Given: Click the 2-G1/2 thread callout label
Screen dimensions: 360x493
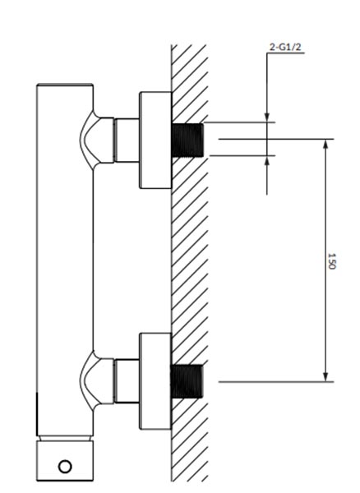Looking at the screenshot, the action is click(285, 47).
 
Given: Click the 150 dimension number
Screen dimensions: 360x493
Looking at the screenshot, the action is click(332, 260).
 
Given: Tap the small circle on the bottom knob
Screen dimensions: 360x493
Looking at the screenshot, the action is click(65, 466).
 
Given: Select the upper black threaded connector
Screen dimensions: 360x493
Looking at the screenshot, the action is click(187, 140).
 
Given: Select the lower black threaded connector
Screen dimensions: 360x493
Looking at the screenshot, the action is click(187, 381).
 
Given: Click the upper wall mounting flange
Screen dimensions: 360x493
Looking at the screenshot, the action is click(155, 141).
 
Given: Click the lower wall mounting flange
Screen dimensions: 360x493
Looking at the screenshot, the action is click(155, 381).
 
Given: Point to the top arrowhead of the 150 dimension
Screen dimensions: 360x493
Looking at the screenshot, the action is click(325, 145).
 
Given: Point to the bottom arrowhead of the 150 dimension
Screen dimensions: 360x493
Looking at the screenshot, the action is click(325, 376).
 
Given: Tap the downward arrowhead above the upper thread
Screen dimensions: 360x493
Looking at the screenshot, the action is click(267, 117).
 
